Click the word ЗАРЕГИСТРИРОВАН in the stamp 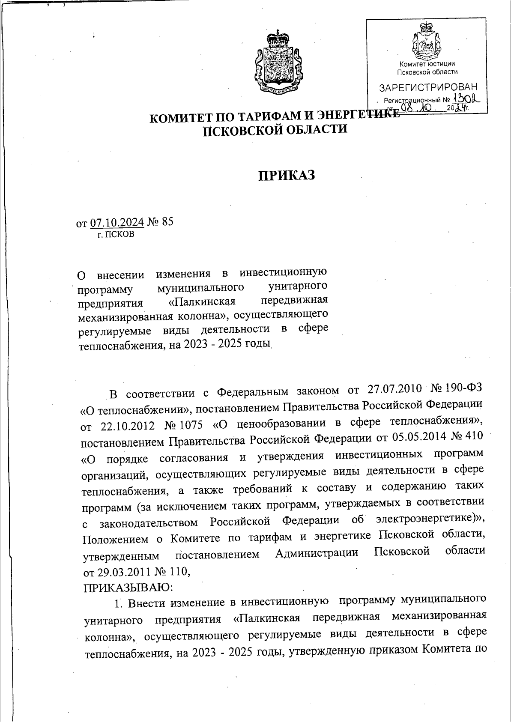click(428, 88)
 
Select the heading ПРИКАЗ click(287, 175)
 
